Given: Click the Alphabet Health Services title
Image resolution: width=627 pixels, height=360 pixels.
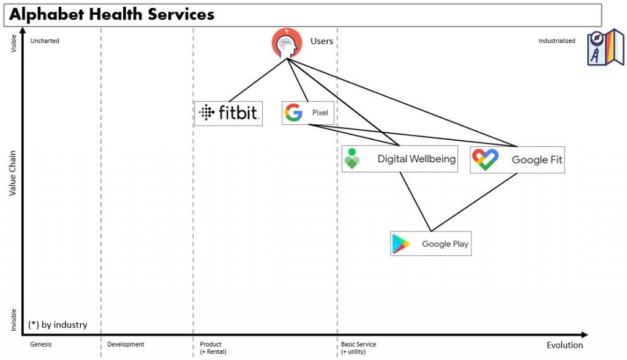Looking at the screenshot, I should point(111,14).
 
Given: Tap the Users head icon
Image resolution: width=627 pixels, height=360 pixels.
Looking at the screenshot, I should point(287,43).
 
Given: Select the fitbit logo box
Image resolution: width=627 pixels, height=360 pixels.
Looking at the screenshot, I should point(228,113).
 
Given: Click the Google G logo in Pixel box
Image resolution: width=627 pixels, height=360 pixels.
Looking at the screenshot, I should point(294,113).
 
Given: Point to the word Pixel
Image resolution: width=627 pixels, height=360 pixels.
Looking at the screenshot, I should point(320,113).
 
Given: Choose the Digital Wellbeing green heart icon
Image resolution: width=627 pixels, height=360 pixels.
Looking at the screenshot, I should point(352,159).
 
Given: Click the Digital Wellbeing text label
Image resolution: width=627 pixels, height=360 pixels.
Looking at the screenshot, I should point(416,159).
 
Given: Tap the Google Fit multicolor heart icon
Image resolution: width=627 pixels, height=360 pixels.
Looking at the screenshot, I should point(485,160).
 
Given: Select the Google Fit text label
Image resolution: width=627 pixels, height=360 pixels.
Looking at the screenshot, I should point(537,160).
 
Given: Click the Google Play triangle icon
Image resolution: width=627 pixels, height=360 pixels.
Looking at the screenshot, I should point(401,244).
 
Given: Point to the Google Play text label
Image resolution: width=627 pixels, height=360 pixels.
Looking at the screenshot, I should point(445,244).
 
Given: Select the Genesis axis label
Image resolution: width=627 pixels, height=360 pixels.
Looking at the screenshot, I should point(41,344).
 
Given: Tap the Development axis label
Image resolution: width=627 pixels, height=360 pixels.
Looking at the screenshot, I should point(126,344).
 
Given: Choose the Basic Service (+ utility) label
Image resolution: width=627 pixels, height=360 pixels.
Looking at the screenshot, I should point(358,348).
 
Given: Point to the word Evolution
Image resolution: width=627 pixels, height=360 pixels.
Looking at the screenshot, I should point(565,345).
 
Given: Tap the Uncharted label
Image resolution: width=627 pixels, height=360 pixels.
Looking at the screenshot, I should point(45,41).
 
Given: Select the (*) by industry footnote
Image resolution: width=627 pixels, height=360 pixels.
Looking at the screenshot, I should point(58,324).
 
